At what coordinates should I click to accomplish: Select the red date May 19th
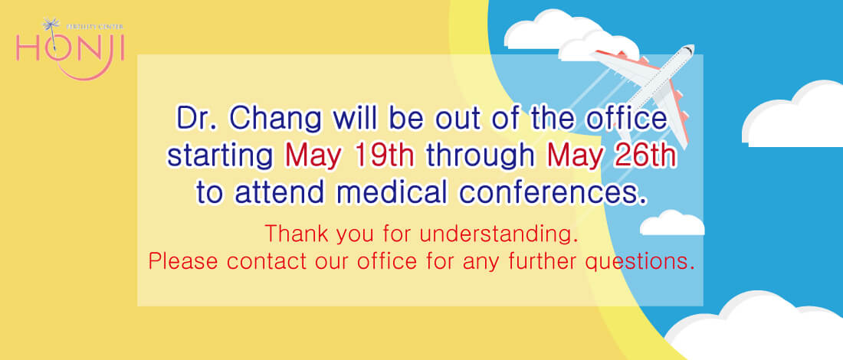[x=349, y=156]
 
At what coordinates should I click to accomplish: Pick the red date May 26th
[x=612, y=156]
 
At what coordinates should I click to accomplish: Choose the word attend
[x=280, y=193]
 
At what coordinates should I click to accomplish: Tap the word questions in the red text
[x=637, y=263]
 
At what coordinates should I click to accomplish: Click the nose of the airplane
[x=690, y=49]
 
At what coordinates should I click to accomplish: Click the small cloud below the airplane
[x=672, y=222]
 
